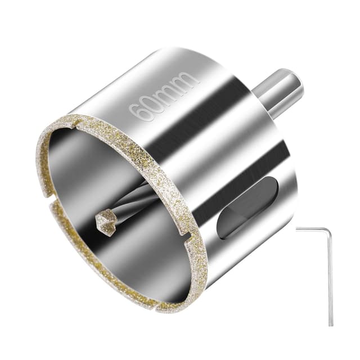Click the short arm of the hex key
(313, 229)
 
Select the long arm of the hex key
(331, 276)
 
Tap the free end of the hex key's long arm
(331, 323)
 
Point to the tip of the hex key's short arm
(297, 228)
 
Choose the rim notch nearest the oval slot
(183, 232)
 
